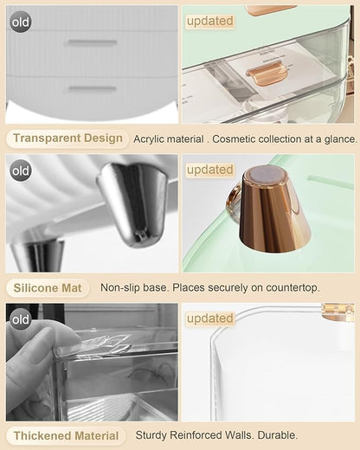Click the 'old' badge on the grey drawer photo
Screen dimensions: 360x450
(x=21, y=22)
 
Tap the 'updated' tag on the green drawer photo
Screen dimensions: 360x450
(x=210, y=21)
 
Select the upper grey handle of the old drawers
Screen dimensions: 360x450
(x=93, y=42)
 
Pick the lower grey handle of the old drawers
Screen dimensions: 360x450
(x=93, y=88)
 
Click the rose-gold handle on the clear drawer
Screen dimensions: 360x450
(x=267, y=73)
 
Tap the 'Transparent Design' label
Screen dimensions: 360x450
(x=67, y=138)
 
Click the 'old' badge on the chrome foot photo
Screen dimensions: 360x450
(x=21, y=170)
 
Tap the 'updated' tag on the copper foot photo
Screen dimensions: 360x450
(x=210, y=170)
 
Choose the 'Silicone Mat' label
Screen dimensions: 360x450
(x=48, y=288)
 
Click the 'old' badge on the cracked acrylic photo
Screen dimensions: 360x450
(x=21, y=319)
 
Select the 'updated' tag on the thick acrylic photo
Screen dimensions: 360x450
(x=210, y=318)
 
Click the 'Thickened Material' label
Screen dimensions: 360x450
(x=66, y=436)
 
